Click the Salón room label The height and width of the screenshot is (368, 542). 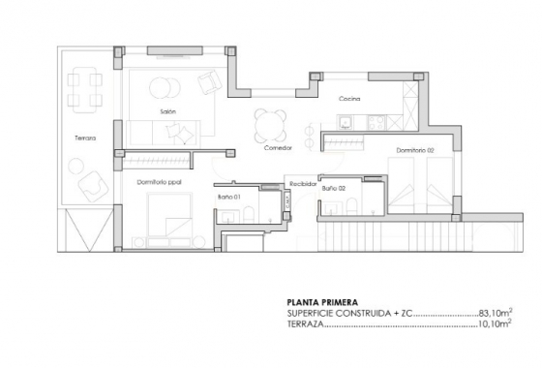coord(167,113)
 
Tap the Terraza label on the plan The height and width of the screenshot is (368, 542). coord(86,138)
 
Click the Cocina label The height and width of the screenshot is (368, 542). coord(349,100)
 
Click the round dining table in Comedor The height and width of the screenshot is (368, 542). coord(270,123)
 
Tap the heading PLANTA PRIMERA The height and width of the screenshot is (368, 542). coord(319,302)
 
